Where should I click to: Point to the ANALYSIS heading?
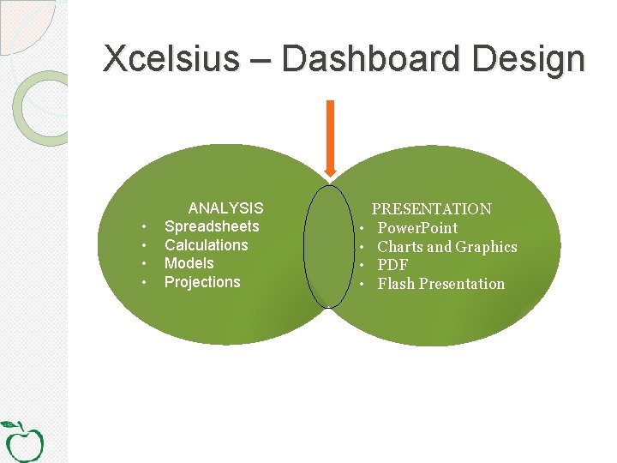pos(225,208)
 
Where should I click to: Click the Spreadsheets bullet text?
pos(212,226)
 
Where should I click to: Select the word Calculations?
pos(206,245)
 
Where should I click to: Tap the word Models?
pos(189,263)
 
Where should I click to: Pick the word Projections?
pos(202,282)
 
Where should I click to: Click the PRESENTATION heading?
pos(431,209)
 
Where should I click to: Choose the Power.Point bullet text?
pos(417,228)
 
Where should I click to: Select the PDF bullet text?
pos(392,265)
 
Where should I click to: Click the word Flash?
pos(396,284)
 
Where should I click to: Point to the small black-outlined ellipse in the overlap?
pos(328,246)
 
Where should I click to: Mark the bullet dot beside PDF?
pos(363,266)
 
